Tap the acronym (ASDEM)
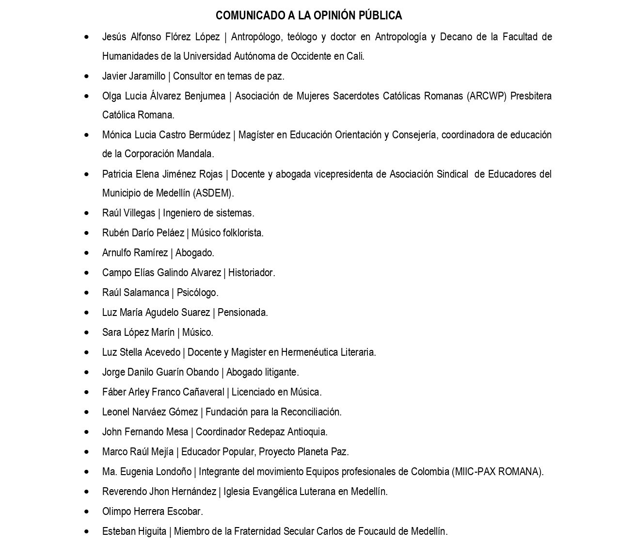pos(213,193)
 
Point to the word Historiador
pos(252,273)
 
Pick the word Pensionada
pos(242,313)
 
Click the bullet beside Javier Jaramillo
pos(87,76)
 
